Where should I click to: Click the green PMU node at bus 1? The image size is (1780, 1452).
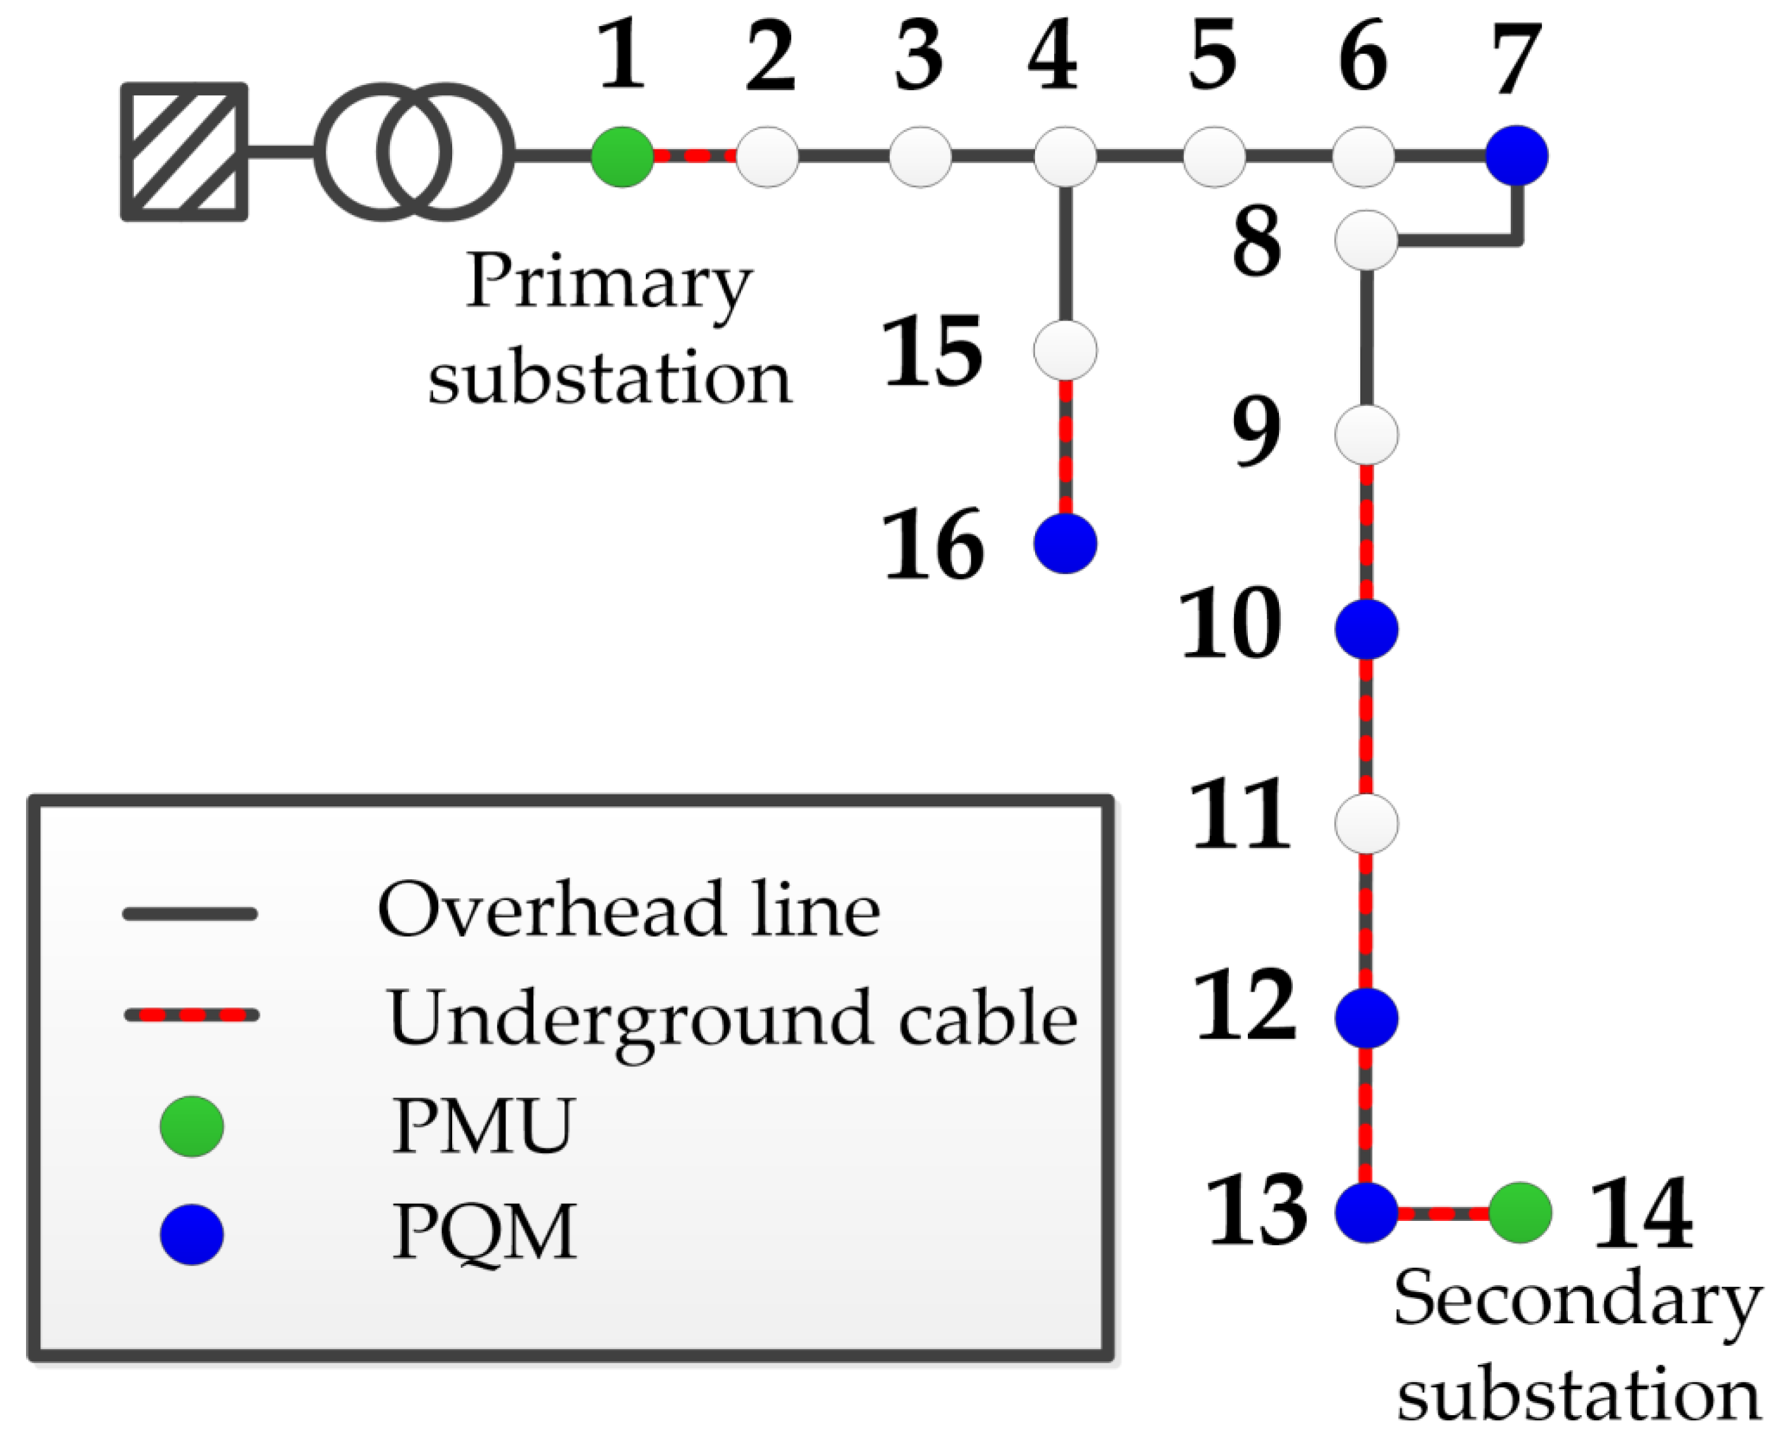[622, 156]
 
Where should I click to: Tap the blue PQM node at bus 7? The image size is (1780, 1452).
[1516, 156]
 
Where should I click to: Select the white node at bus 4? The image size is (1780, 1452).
[1065, 156]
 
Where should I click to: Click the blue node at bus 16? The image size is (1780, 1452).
[1065, 543]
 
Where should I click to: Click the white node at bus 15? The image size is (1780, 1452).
[1065, 350]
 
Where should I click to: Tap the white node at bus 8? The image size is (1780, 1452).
[1366, 240]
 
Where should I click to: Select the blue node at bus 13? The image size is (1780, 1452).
[1366, 1212]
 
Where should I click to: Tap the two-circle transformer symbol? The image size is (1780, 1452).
[414, 152]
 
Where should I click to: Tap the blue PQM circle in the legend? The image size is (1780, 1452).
[192, 1234]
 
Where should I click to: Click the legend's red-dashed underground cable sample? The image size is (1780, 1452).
[192, 1015]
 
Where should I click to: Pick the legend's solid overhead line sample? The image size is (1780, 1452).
[190, 914]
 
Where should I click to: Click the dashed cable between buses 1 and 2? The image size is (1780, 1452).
[694, 156]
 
